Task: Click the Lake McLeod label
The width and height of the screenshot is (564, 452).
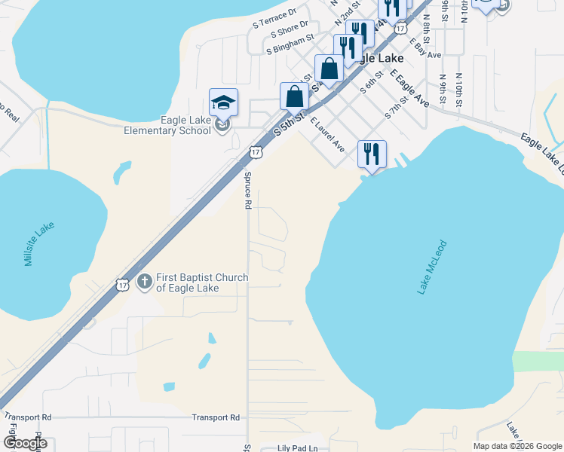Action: point(432,267)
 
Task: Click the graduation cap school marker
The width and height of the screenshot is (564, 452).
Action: point(223,102)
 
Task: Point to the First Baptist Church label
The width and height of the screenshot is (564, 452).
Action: point(201,282)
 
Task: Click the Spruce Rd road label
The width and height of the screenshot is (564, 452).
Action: point(247,190)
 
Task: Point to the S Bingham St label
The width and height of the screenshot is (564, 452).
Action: point(289,49)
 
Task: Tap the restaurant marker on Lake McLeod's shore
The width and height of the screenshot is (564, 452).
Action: point(372,154)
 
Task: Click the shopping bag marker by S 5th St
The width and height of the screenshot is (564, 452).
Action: point(294,96)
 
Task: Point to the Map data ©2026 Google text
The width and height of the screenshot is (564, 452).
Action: point(517,446)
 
